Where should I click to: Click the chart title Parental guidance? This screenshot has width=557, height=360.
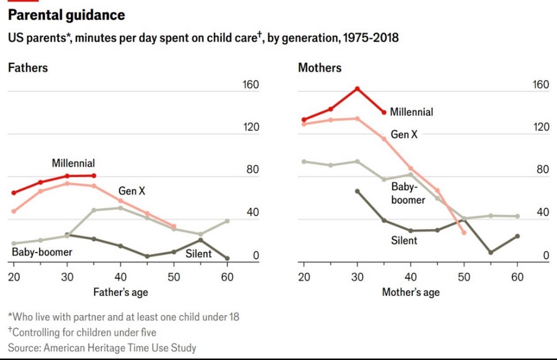pyautogui.click(x=66, y=16)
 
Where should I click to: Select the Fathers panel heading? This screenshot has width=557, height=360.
pyautogui.click(x=28, y=68)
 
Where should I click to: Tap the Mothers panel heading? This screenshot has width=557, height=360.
pyautogui.click(x=320, y=68)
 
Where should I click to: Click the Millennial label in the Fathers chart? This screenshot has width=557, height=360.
pyautogui.click(x=73, y=163)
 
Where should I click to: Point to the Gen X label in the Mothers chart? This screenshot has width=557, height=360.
pyautogui.click(x=404, y=135)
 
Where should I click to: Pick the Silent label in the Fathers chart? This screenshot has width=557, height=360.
pyautogui.click(x=199, y=254)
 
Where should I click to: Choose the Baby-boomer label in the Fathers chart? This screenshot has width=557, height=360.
pyautogui.click(x=42, y=253)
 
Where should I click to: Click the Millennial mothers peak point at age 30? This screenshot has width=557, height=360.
pyautogui.click(x=357, y=89)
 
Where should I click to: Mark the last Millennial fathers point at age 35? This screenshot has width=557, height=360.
pyautogui.click(x=93, y=176)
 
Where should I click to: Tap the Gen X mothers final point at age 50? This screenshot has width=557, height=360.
pyautogui.click(x=464, y=232)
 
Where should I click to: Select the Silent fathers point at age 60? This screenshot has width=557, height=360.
pyautogui.click(x=227, y=258)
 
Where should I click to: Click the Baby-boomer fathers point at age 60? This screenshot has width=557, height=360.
pyautogui.click(x=227, y=221)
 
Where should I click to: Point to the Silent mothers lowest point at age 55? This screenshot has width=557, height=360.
pyautogui.click(x=491, y=252)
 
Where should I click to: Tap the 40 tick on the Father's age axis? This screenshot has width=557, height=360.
pyautogui.click(x=120, y=277)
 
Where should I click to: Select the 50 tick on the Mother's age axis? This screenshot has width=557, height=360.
pyautogui.click(x=464, y=277)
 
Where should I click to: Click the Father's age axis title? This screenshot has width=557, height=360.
pyautogui.click(x=120, y=293)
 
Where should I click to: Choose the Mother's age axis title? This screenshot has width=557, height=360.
pyautogui.click(x=411, y=293)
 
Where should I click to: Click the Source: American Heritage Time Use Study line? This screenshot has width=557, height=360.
pyautogui.click(x=102, y=347)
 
